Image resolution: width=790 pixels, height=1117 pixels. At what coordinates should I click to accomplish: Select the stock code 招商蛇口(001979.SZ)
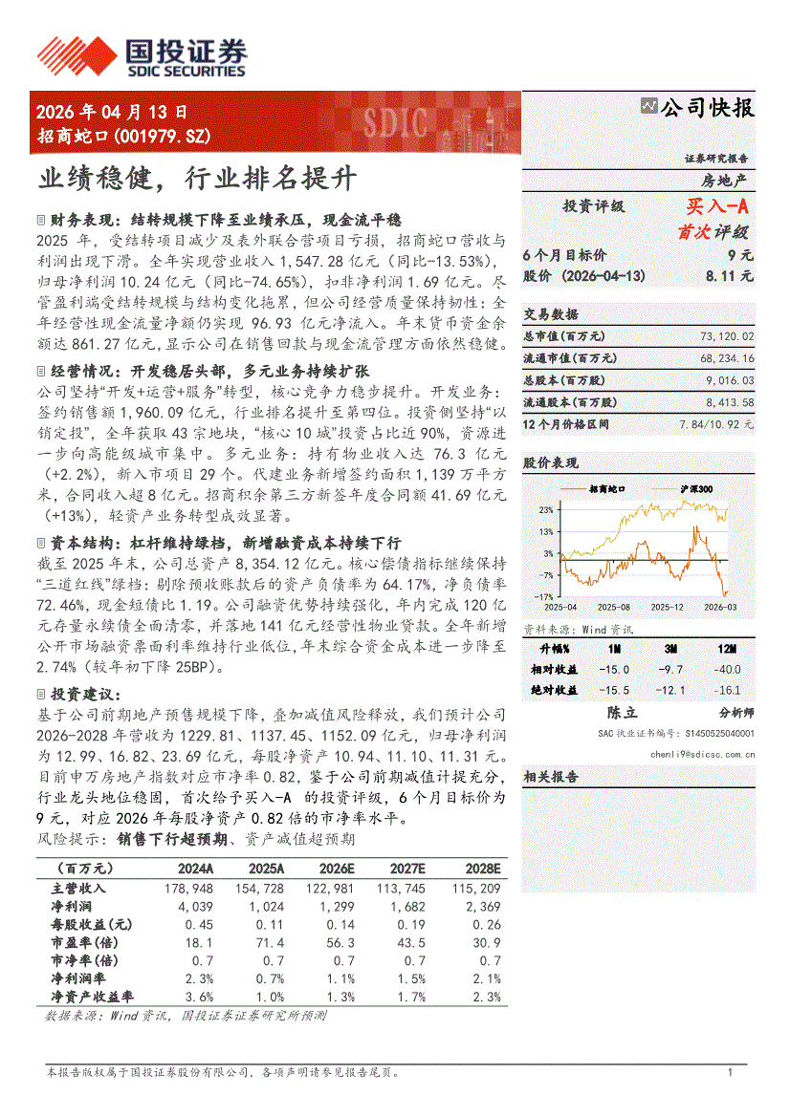[x=123, y=136]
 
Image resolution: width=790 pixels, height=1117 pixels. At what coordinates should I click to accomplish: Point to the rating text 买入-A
[x=716, y=206]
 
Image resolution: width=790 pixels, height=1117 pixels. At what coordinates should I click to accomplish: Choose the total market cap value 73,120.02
[x=727, y=337]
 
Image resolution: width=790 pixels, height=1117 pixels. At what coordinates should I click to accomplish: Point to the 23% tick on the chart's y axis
[x=545, y=509]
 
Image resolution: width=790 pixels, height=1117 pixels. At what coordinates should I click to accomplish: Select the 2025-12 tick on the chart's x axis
[x=667, y=607]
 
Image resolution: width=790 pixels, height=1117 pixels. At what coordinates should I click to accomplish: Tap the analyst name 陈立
[x=623, y=712]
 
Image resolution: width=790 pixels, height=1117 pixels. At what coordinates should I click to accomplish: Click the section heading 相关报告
[x=551, y=777]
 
